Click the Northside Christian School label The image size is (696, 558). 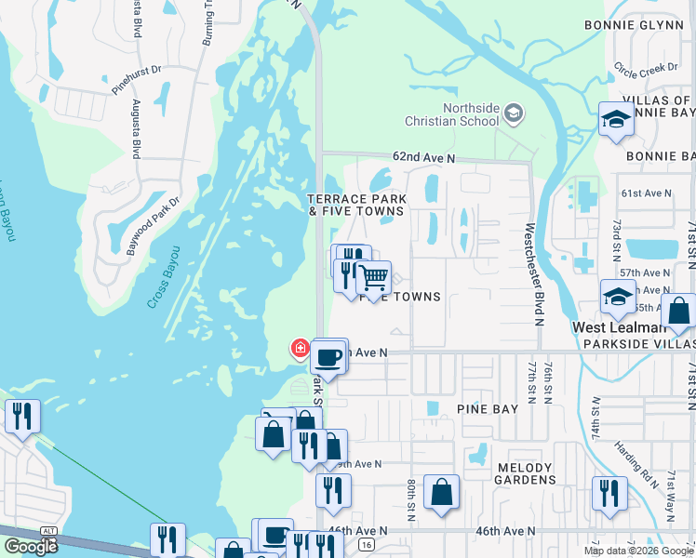click(451, 114)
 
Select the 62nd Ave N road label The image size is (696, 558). click(423, 159)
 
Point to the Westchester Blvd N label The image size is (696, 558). click(532, 273)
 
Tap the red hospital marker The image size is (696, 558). click(300, 349)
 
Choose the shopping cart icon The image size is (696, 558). click(373, 277)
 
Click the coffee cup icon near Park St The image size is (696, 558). click(329, 356)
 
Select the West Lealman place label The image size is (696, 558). click(617, 327)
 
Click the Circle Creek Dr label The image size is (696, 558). click(647, 68)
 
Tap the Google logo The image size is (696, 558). click(30, 546)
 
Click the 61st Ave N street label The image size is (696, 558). click(646, 193)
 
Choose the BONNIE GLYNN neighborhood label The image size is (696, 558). click(636, 24)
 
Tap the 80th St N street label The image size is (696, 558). click(409, 502)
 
